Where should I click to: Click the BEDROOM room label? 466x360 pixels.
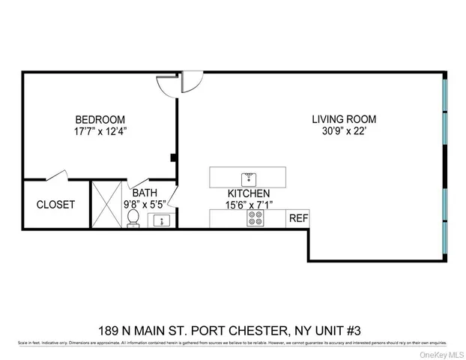pyautogui.click(x=100, y=120)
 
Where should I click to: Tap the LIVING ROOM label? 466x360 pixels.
pyautogui.click(x=344, y=119)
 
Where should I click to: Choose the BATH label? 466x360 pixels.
pyautogui.click(x=145, y=193)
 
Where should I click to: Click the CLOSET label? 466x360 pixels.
pyautogui.click(x=55, y=204)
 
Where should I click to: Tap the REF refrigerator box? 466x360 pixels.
pyautogui.click(x=298, y=218)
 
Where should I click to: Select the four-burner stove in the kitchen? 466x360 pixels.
pyautogui.click(x=255, y=219)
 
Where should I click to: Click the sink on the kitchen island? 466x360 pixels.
pyautogui.click(x=248, y=178)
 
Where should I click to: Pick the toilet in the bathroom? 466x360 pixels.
pyautogui.click(x=133, y=218)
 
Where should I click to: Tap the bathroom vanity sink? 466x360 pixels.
pyautogui.click(x=160, y=220)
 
